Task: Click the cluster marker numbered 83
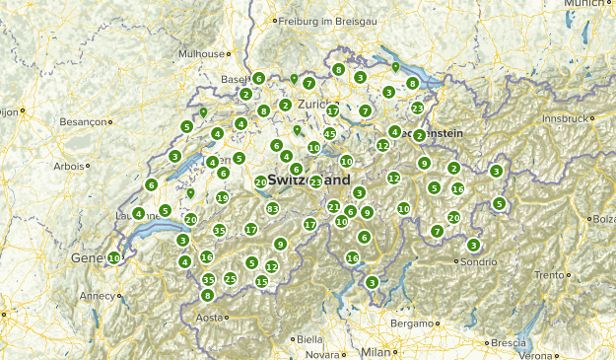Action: [x=272, y=208]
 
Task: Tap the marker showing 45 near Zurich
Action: [x=329, y=134]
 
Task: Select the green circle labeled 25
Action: [x=230, y=279]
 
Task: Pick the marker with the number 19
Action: [x=223, y=198]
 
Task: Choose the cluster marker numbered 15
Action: [x=261, y=281]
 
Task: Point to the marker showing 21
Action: [x=333, y=207]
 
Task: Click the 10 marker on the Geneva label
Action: [x=114, y=257]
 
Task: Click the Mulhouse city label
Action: [x=201, y=54]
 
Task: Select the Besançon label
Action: [x=81, y=122]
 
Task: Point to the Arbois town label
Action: [x=70, y=167]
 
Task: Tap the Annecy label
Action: [x=97, y=295]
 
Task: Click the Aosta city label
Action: [x=209, y=318]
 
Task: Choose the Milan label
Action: [x=375, y=351]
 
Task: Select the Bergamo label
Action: [x=411, y=323]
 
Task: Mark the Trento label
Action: [x=549, y=274]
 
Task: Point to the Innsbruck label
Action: [x=563, y=118]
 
